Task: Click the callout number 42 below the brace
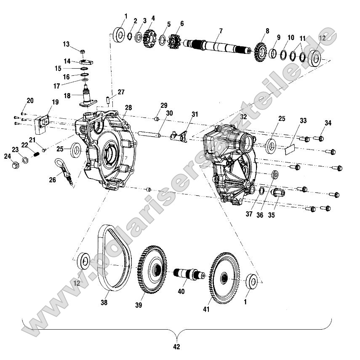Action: [x=176, y=347]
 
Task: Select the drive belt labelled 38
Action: [x=101, y=257]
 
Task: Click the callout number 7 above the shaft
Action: [x=221, y=31]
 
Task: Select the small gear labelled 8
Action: [x=260, y=52]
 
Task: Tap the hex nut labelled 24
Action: [x=15, y=164]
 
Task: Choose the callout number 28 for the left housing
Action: [x=128, y=107]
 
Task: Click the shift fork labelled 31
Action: [x=179, y=136]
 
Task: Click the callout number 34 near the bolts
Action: [x=328, y=123]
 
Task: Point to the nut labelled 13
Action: [x=83, y=51]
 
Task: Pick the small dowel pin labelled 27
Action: [x=108, y=100]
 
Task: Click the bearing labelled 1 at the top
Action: [x=119, y=35]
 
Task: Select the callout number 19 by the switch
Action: [x=55, y=102]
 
